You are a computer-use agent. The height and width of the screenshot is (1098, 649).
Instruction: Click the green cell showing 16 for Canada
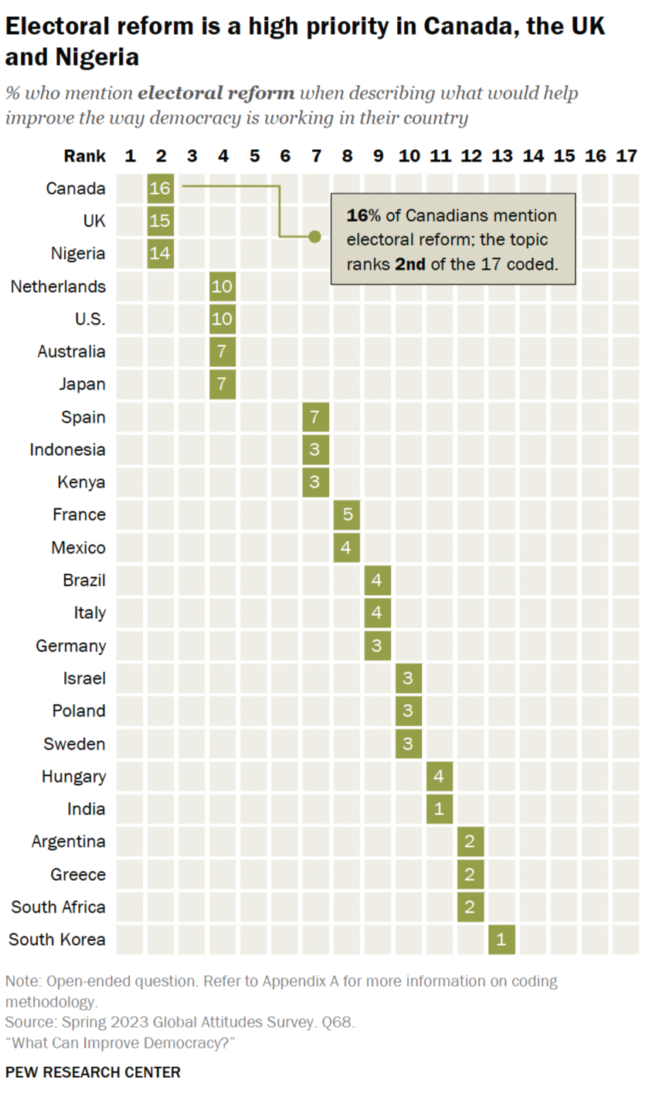pos(161,189)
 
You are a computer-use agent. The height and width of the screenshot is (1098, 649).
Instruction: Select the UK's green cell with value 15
pos(161,221)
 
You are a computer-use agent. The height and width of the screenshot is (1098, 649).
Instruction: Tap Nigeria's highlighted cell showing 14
pos(161,253)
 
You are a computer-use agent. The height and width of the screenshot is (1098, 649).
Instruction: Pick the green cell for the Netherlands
pos(223,287)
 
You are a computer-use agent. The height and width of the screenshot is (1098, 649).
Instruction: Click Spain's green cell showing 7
pos(315,417)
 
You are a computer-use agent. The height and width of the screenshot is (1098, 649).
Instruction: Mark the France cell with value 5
pos(346,515)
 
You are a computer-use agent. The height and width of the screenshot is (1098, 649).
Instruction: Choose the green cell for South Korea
pos(501,940)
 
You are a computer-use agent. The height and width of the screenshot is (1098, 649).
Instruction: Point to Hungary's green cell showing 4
pos(440,776)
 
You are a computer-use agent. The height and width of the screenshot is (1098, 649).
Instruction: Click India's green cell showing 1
pos(440,809)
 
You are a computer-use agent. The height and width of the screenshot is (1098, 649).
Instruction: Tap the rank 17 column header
pos(626,156)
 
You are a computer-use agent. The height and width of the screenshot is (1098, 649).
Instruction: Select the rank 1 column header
pos(130,156)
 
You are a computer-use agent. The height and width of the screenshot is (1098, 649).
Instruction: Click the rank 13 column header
pos(501,156)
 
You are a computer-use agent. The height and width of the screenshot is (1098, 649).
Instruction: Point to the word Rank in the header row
pos(84,156)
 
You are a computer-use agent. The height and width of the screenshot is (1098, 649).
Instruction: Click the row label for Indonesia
pos(68,450)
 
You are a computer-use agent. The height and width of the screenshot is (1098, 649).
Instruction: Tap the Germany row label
pos(71,645)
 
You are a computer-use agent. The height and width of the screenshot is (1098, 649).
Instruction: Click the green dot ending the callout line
pos(314,236)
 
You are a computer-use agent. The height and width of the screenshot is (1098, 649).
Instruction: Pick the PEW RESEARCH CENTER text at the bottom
pos(93,1073)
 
